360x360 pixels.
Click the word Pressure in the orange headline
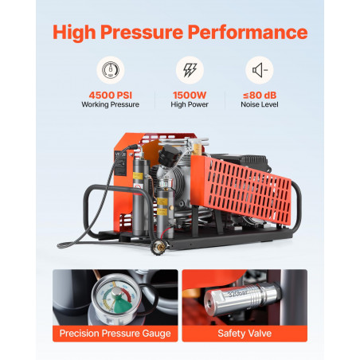pos(142,32)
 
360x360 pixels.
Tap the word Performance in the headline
pos(248,32)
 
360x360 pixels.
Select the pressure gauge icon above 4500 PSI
pos(111,70)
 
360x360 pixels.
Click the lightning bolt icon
pos(190,70)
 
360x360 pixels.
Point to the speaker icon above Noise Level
pos(260,70)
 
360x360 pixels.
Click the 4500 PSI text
pos(111,95)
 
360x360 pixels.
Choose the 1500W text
pos(190,95)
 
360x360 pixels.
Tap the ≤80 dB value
pos(260,95)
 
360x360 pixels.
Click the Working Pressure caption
pos(111,104)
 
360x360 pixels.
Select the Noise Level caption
pos(260,104)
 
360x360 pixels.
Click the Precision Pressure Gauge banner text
pos(115,334)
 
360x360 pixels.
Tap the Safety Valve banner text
pos(245,334)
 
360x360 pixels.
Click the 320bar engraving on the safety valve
pos(237,294)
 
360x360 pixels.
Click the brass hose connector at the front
pos(159,248)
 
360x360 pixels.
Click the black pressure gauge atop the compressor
pos(169,155)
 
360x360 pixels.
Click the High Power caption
pos(190,104)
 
